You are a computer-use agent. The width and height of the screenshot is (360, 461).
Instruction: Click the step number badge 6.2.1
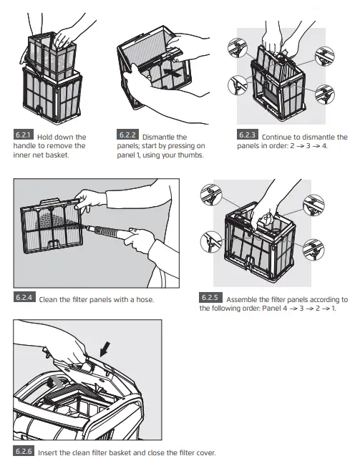[x=24, y=135]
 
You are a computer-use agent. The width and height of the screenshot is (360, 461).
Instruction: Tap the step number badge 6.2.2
[x=127, y=135]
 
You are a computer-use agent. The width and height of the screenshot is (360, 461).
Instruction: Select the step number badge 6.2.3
[x=248, y=135]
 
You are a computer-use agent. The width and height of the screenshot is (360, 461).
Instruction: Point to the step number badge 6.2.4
[x=24, y=297]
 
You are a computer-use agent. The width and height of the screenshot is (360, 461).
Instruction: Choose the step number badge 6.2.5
[x=210, y=297]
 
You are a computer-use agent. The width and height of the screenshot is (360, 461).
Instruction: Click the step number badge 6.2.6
[x=24, y=451]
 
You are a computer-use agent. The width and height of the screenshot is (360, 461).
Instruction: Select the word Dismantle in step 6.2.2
[x=156, y=137]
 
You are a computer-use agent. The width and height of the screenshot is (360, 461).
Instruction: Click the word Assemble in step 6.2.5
[x=242, y=300]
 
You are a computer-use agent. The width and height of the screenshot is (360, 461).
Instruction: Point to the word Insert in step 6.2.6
[x=48, y=452]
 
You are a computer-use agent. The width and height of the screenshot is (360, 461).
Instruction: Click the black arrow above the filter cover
[x=105, y=349]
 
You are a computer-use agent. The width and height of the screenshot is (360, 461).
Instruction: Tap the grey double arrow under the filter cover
[x=56, y=382]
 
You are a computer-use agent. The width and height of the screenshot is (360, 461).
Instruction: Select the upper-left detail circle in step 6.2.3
[x=238, y=48]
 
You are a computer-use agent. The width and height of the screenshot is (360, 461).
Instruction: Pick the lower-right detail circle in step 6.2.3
[x=324, y=94]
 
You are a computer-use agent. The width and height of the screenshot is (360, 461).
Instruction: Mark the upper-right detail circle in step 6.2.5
[x=313, y=205]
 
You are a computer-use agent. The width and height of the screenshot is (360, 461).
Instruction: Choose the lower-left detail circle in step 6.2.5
[x=211, y=242]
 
